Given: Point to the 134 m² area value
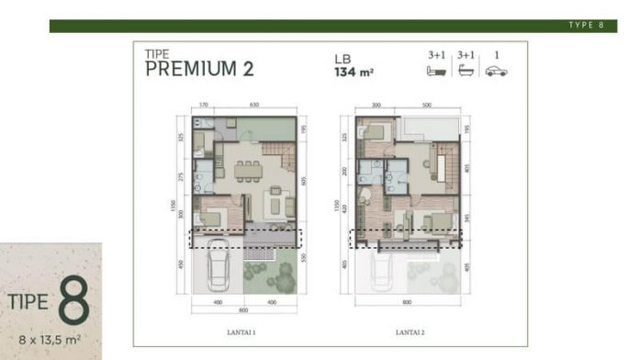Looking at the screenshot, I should coord(353,70).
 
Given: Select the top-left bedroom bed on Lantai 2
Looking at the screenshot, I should coord(374,131).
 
